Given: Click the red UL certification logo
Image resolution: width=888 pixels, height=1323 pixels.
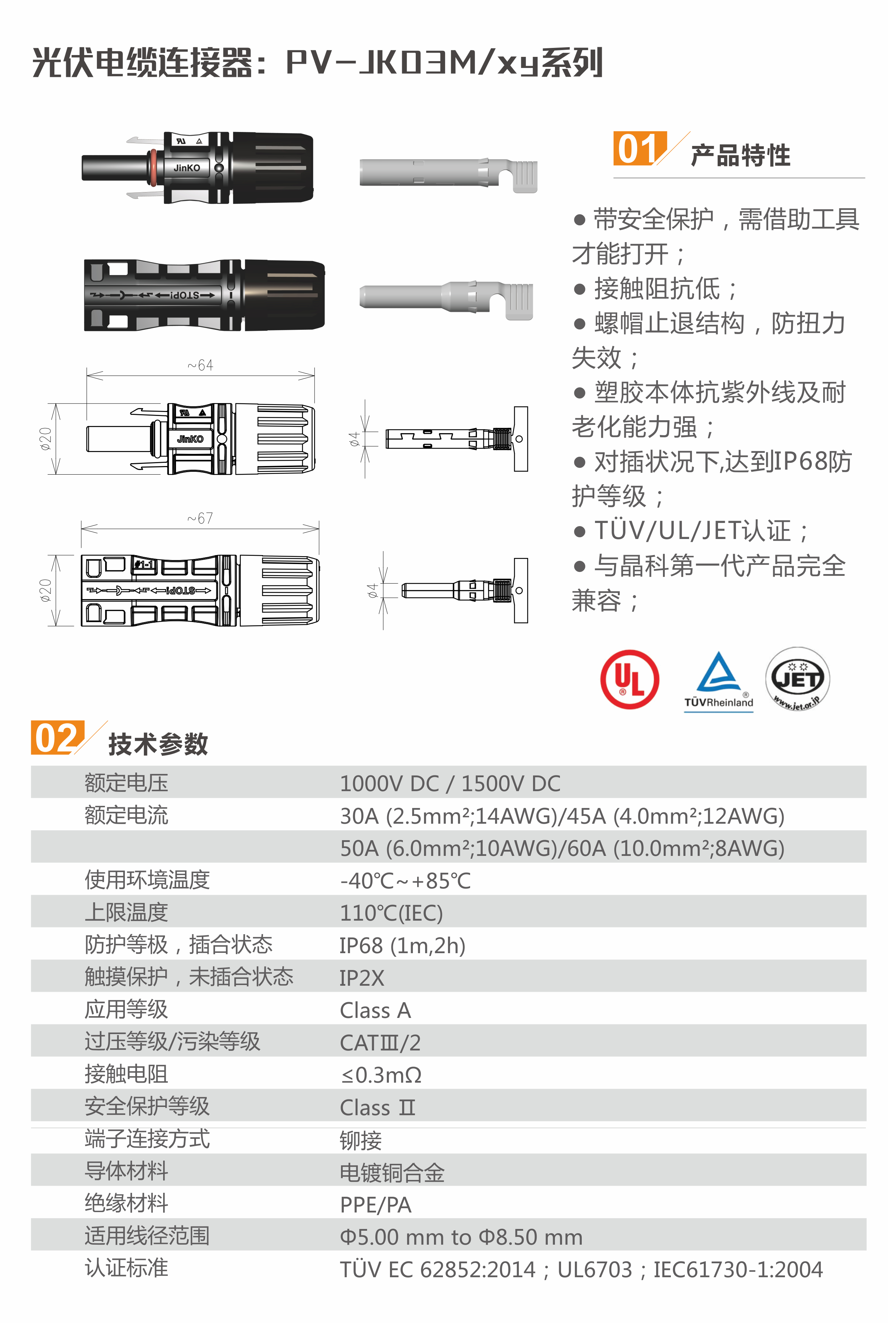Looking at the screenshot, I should click(629, 679).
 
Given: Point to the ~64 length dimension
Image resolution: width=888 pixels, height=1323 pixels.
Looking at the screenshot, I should click(200, 366).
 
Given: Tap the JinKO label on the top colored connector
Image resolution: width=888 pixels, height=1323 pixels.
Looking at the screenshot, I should click(187, 168).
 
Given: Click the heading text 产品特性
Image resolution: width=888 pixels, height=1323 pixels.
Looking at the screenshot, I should click(740, 155).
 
